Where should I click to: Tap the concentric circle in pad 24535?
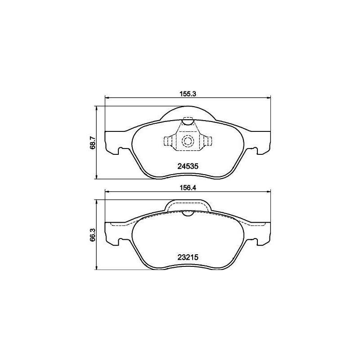click(x=187, y=142)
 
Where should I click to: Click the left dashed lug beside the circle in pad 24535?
click(x=169, y=141)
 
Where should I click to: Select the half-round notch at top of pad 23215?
click(x=188, y=213)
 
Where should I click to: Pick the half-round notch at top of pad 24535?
click(x=187, y=121)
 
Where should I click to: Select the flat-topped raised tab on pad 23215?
click(x=188, y=205)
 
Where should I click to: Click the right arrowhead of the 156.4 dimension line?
click(x=268, y=192)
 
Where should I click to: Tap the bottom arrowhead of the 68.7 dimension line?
click(x=96, y=178)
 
